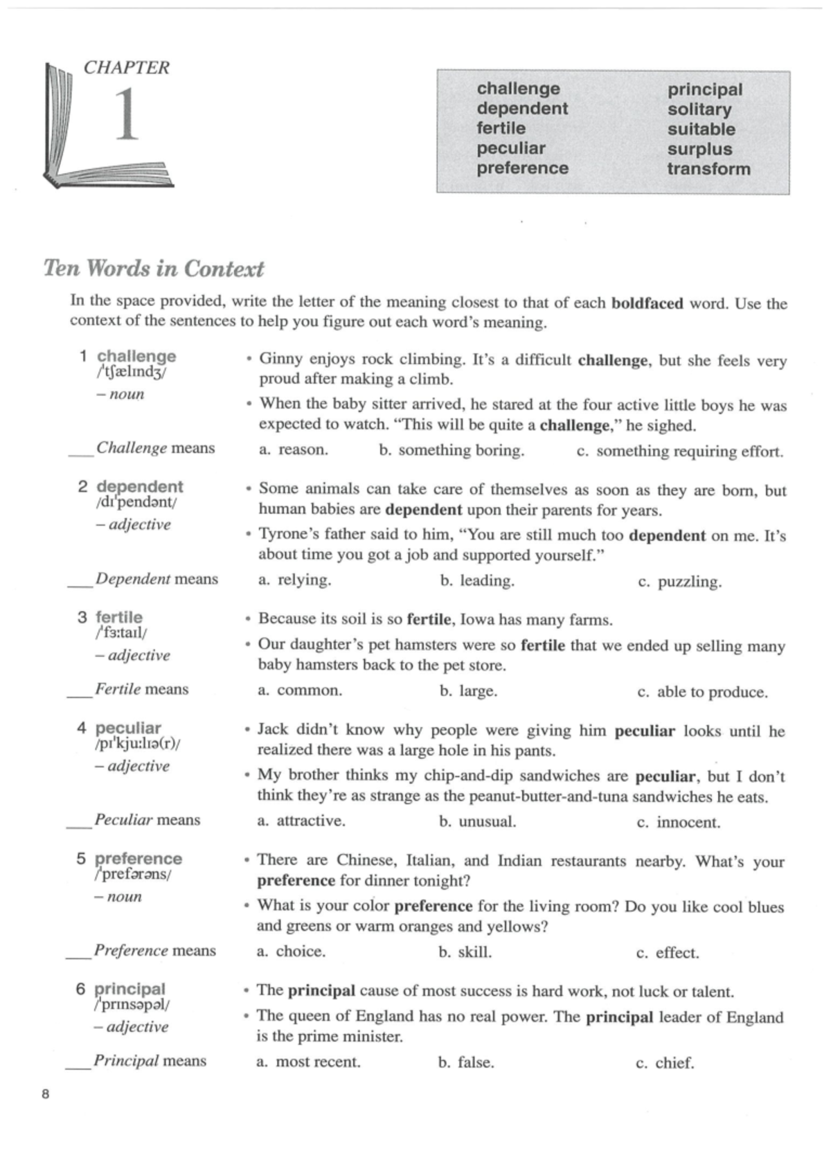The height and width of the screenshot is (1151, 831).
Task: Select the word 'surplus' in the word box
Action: (699, 149)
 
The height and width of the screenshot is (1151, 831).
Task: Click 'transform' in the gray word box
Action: (708, 169)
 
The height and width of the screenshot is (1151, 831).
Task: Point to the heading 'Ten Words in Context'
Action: (154, 268)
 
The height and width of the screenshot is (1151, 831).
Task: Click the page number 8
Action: (46, 1094)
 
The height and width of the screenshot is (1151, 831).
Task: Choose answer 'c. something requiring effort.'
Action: (680, 452)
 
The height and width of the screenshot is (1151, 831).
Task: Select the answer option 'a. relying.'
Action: (294, 580)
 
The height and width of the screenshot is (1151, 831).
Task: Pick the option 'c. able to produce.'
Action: (702, 692)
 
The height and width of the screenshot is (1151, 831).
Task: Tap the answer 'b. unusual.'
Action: (477, 821)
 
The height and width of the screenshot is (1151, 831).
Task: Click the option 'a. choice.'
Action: (291, 951)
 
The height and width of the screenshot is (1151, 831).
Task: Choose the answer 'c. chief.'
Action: (665, 1062)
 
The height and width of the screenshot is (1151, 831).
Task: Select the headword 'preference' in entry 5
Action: (138, 859)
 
